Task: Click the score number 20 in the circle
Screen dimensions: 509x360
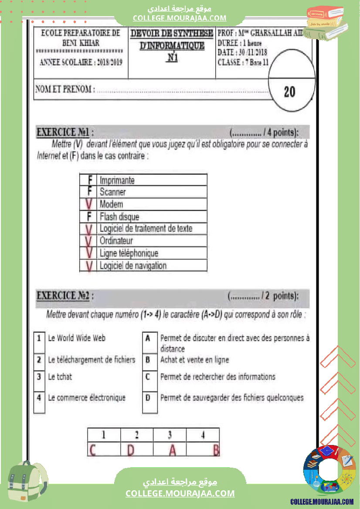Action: [289, 92]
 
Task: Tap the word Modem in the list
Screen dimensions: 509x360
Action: [112, 204]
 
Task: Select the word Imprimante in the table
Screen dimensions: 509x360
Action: [117, 180]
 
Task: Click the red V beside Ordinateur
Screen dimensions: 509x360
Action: [89, 241]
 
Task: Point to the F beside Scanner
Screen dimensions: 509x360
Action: [90, 192]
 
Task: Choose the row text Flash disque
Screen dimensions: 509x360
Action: [119, 216]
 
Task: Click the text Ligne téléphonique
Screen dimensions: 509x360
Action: [129, 253]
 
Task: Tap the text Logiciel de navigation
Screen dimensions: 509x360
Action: [133, 265]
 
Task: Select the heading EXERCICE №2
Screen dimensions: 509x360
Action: [64, 296]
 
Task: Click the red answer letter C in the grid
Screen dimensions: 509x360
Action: [92, 449]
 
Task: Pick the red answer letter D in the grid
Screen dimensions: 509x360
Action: [131, 449]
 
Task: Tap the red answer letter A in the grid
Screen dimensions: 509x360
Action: [172, 449]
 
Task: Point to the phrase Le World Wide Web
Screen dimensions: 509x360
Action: [77, 338]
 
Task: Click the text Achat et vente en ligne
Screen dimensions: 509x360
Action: [194, 360]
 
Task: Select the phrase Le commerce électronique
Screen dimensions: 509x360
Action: [87, 398]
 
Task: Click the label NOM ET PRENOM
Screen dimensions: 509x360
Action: [64, 90]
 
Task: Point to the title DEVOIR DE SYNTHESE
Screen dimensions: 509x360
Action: [172, 34]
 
